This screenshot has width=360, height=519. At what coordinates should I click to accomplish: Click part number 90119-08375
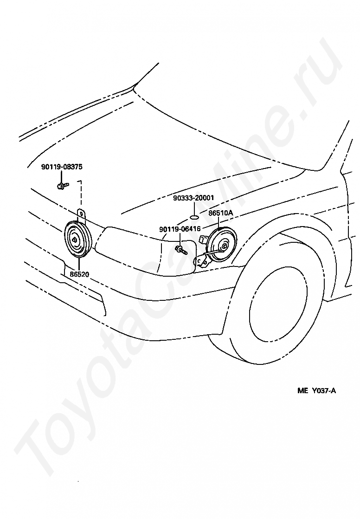point(62,167)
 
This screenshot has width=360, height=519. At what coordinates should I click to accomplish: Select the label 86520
point(79,274)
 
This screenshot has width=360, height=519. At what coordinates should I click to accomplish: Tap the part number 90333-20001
point(193,198)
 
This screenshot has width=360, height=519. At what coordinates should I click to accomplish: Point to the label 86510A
point(221,213)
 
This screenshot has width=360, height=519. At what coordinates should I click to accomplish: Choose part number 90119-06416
point(180,229)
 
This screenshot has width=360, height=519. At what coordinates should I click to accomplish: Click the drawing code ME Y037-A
point(317,391)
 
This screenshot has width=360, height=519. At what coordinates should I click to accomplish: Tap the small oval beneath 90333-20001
point(194,217)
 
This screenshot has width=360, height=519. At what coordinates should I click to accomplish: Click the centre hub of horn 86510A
point(225,246)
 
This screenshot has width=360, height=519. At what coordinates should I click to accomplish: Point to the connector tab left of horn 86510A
point(202,239)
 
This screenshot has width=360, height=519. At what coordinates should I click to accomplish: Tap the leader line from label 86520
point(79,264)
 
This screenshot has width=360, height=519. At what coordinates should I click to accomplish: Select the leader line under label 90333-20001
point(194,208)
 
